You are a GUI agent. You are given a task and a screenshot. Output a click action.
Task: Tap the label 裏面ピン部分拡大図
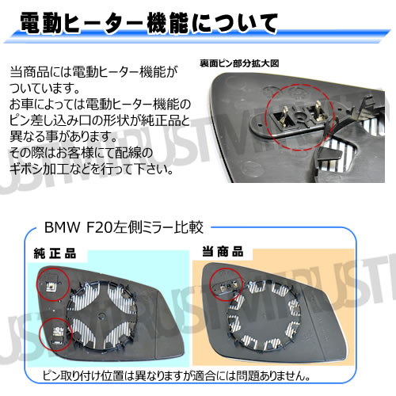pos(240,63)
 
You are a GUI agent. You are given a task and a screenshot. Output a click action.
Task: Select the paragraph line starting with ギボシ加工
pos(88,169)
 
